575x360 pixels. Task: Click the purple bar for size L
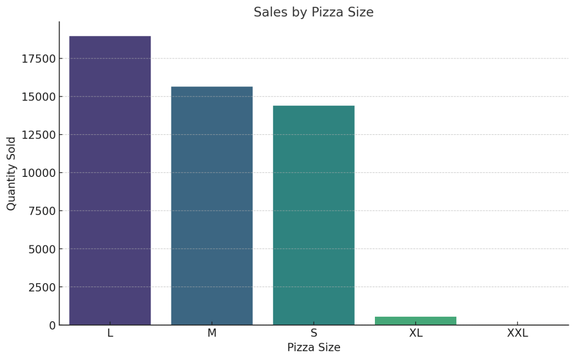[110, 180]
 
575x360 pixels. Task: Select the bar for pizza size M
[212, 206]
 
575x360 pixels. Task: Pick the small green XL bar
[415, 321]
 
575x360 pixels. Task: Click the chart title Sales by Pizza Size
[313, 12]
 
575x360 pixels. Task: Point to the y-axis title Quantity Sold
[12, 174]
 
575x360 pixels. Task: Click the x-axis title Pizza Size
[314, 348]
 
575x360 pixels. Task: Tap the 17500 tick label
[38, 59]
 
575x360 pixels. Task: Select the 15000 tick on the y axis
[38, 97]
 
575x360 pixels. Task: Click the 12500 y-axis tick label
[38, 135]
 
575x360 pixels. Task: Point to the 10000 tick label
[38, 173]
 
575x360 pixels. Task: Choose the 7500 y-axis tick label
[42, 211]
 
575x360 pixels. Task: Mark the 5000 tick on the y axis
[42, 249]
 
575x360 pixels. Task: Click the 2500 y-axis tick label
[42, 287]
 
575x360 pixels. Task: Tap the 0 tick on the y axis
[52, 325]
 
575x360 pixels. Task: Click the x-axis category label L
[110, 333]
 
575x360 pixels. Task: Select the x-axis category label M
[212, 333]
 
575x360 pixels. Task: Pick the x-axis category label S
[314, 333]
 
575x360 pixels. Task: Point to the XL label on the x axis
[415, 333]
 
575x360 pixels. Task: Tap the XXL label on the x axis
[517, 333]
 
